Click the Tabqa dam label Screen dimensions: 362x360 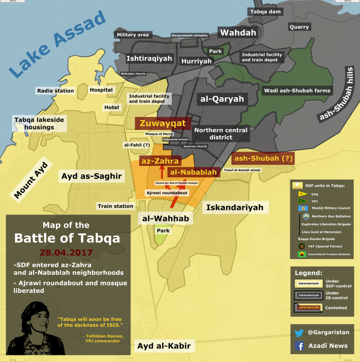point(265,12)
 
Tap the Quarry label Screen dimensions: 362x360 point(299,27)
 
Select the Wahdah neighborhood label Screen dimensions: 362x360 point(238,33)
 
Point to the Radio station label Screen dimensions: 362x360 point(56,91)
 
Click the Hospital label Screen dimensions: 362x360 point(101,90)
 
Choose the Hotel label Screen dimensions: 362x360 point(112,107)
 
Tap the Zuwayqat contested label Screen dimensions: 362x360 point(163,123)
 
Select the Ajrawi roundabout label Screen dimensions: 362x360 point(167,193)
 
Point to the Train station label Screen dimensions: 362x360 point(116,206)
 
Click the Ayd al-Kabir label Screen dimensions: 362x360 point(164,346)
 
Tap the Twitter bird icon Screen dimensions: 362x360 point(299,332)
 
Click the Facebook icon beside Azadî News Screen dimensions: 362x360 point(299,346)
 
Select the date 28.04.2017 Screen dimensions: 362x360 point(66,253)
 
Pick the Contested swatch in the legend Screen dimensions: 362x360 point(308,307)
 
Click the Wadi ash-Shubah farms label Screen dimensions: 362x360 point(297,91)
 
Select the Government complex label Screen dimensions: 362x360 point(190,36)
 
